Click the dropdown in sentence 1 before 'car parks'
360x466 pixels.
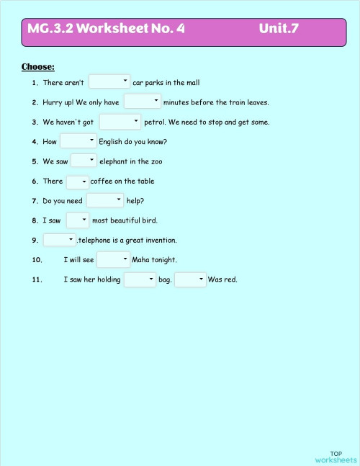click(109, 82)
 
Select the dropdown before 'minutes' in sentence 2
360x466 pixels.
click(142, 102)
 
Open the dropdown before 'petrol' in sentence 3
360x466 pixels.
click(120, 122)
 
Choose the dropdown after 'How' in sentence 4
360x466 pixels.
click(78, 141)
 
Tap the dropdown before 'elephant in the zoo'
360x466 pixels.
click(84, 161)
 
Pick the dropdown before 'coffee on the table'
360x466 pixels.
click(77, 182)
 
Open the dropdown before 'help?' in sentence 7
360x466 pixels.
click(105, 200)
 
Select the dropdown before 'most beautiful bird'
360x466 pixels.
click(77, 220)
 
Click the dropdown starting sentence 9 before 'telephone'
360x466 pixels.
click(60, 239)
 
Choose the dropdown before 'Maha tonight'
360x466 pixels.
click(113, 259)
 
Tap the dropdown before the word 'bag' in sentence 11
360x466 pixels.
click(140, 279)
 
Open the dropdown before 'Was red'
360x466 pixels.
click(191, 279)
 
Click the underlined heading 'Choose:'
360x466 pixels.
click(38, 67)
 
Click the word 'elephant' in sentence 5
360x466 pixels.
click(114, 161)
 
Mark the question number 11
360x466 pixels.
click(37, 279)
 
